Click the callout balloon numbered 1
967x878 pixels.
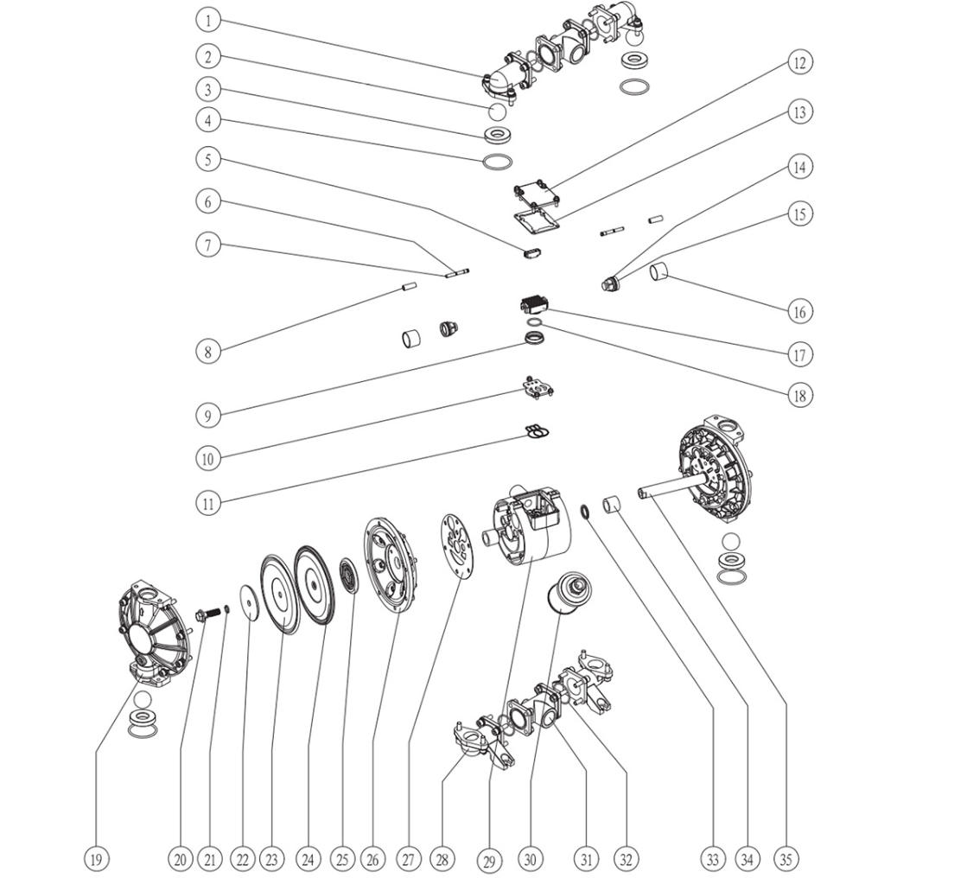(x=207, y=19)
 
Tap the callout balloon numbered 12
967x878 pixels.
(x=799, y=62)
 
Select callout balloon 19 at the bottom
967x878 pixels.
(x=96, y=858)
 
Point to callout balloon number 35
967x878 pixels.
(x=786, y=858)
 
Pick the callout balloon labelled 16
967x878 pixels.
(x=799, y=311)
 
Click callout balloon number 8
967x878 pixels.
(x=207, y=351)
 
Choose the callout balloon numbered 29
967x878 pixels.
(x=489, y=860)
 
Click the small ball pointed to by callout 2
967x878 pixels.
(x=497, y=111)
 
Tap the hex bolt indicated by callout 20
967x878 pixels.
(x=207, y=617)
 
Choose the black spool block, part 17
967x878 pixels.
(x=534, y=304)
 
